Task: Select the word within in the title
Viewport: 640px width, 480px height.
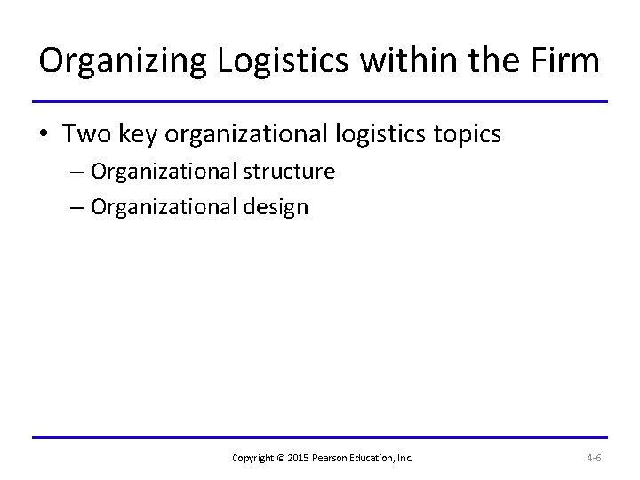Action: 399,61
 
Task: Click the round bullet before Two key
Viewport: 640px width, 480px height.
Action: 44,135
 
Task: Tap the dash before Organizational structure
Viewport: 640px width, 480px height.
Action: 75,171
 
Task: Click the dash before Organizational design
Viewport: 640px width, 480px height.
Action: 75,208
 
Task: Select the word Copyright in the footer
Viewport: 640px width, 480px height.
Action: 252,458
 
